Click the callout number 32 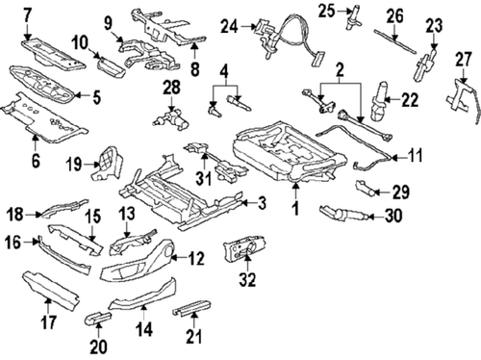pyautogui.click(x=248, y=281)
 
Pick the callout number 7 pyautogui.click(x=26, y=14)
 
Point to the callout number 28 pyautogui.click(x=171, y=89)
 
